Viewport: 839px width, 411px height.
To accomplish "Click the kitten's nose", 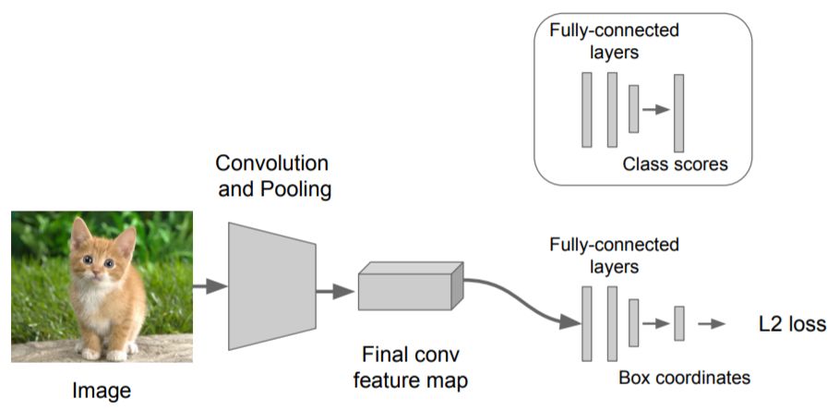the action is pos(96,274).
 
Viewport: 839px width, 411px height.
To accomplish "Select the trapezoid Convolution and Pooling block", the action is pos(272,286).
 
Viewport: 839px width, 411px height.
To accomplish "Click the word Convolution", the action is pos(271,163).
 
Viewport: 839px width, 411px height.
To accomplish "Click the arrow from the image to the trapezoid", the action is pos(210,286).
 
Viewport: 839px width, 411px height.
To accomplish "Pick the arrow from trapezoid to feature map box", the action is pos(335,292).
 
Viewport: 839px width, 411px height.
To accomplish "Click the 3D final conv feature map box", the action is pos(411,286).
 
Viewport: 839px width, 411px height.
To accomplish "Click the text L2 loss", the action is pos(793,324).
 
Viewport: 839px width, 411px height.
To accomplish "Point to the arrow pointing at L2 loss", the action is pos(711,324).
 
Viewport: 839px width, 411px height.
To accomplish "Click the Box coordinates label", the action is pos(684,378).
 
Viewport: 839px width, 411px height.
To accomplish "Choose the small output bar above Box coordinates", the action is pos(679,323).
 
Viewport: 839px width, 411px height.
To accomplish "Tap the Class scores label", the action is pos(676,163).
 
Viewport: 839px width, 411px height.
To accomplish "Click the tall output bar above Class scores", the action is pos(679,113).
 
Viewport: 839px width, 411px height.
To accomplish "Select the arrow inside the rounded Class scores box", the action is pos(656,109).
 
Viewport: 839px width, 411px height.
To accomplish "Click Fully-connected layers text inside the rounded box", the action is pos(615,41).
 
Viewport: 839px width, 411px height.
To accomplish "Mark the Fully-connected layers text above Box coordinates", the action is pos(615,255).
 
